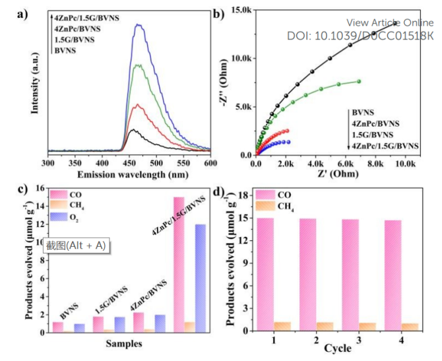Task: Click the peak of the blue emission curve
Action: point(138,25)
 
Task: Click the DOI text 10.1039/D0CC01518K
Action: point(360,35)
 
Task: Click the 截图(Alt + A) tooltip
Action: point(75,246)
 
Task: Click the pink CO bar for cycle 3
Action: point(352,275)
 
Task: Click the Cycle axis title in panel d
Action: point(335,348)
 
